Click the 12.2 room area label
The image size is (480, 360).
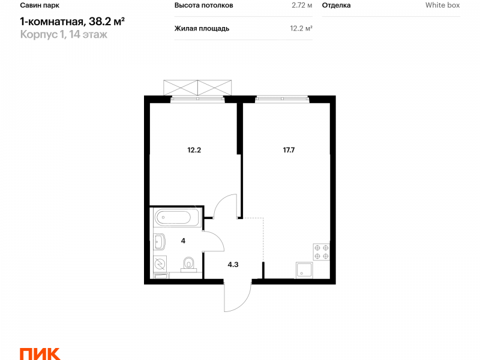194,150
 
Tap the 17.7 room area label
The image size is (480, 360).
289,150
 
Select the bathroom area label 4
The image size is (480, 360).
183,241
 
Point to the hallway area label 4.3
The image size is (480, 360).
233,265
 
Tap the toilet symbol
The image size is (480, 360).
189,264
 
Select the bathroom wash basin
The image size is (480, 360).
160,241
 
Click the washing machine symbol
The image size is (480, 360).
160,263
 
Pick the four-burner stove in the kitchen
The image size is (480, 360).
322,252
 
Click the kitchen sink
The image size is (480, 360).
304,271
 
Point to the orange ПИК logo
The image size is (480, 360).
40,354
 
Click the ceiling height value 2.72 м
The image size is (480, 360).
302,5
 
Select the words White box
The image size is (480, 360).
443,5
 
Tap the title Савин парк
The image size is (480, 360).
40,5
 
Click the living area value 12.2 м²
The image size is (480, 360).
301,28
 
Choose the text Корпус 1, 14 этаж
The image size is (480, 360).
64,34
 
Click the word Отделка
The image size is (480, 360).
337,5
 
